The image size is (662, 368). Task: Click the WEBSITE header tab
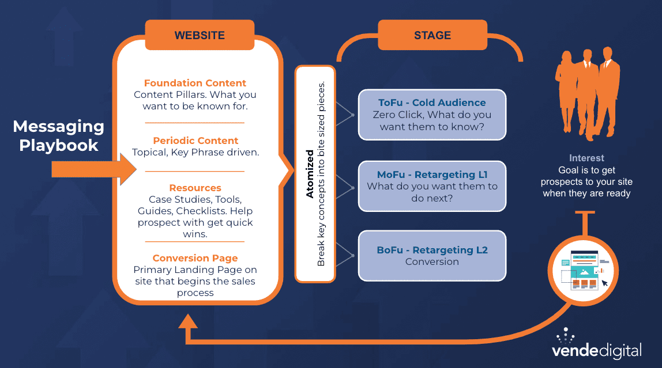click(x=200, y=35)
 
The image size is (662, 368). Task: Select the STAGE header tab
click(x=432, y=35)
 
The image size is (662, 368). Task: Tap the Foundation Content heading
click(x=195, y=83)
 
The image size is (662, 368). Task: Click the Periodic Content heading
click(x=195, y=141)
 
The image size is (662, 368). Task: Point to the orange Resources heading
click(x=195, y=188)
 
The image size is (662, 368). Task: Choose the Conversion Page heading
click(x=195, y=258)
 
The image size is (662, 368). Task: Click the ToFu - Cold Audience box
click(x=432, y=114)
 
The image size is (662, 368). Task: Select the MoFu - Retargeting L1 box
click(x=432, y=186)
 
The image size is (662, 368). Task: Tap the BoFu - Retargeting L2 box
click(x=432, y=256)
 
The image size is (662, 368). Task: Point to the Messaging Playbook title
click(x=59, y=136)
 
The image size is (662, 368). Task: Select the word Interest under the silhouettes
click(x=586, y=158)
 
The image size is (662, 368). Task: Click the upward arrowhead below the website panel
click(x=189, y=323)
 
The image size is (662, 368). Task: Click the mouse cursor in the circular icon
click(x=604, y=283)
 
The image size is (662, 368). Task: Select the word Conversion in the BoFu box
click(x=432, y=261)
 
